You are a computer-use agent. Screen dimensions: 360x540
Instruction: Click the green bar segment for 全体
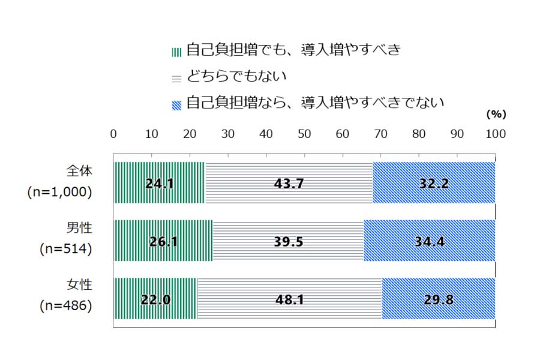159,183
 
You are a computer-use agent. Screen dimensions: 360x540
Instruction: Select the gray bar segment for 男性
288,241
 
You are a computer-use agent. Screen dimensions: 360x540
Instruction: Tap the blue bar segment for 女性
439,298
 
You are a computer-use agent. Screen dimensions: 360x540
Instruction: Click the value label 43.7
289,184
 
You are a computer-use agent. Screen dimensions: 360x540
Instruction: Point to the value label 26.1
162,241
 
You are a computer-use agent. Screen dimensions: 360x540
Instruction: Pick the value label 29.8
437,299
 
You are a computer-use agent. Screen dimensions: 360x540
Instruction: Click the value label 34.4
430,241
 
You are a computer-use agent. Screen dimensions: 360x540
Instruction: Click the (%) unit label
496,113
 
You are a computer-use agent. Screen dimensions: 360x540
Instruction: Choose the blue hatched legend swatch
176,104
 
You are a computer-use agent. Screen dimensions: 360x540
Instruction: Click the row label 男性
79,229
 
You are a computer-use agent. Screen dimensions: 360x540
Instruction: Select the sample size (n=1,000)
59,191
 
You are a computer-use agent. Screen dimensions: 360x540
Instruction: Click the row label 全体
79,171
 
